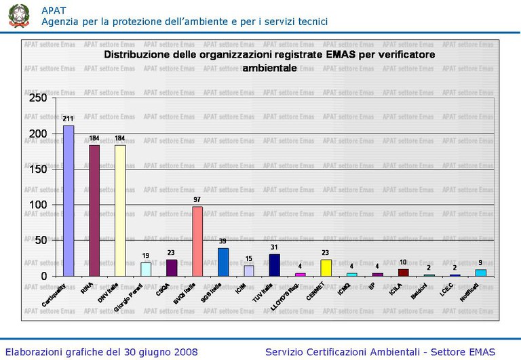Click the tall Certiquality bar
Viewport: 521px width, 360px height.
click(x=69, y=201)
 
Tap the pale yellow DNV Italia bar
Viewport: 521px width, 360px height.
click(x=120, y=210)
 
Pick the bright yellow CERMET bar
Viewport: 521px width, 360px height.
click(x=326, y=267)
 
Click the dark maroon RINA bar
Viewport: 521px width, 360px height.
click(x=94, y=210)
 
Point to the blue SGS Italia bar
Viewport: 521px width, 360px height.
click(x=223, y=262)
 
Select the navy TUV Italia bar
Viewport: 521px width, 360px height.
click(x=274, y=264)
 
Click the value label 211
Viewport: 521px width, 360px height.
click(x=69, y=119)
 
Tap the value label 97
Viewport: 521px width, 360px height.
click(x=197, y=199)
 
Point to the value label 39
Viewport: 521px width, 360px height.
click(x=223, y=241)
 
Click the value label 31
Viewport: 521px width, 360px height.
click(x=274, y=247)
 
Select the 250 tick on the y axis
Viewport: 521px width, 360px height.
click(x=38, y=98)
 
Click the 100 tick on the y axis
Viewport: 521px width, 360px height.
click(x=38, y=205)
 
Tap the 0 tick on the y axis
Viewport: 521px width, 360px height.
click(x=43, y=276)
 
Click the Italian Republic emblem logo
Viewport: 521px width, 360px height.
click(x=19, y=15)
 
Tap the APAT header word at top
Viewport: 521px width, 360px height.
click(x=54, y=9)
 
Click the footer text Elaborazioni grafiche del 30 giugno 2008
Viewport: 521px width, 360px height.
click(x=102, y=352)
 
